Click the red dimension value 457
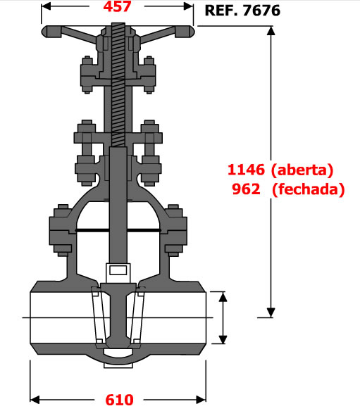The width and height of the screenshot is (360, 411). pyautogui.click(x=117, y=6)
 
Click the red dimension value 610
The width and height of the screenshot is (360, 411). pyautogui.click(x=119, y=400)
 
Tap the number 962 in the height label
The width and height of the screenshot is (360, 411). pyautogui.click(x=246, y=189)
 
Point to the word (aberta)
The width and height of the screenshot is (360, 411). pyautogui.click(x=302, y=170)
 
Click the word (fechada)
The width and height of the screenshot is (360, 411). pyautogui.click(x=309, y=189)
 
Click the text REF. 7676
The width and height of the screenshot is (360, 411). pyautogui.click(x=242, y=11)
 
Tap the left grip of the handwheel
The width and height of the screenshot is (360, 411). pyautogui.click(x=51, y=32)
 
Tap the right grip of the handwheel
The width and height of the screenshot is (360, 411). pyautogui.click(x=185, y=32)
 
